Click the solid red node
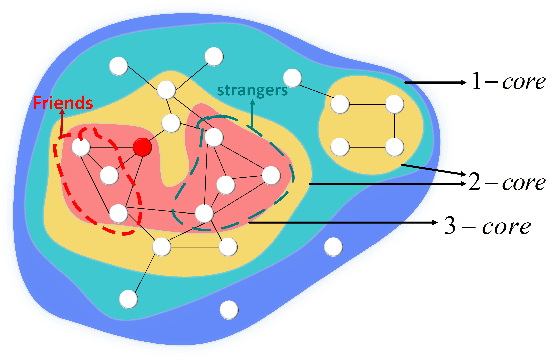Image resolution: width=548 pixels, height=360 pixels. (x=143, y=148)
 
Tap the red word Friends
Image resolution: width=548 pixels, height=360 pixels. (x=62, y=102)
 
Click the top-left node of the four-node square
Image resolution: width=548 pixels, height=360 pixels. (x=340, y=104)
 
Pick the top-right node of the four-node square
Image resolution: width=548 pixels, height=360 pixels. (x=394, y=104)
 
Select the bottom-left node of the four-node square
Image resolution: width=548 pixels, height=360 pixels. (x=340, y=147)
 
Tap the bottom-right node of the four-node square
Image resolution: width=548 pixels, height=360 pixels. (x=394, y=147)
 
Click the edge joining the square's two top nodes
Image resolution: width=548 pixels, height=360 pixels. (x=367, y=104)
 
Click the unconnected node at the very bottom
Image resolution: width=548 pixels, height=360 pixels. (x=228, y=309)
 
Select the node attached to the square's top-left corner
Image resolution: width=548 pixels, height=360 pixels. (x=292, y=77)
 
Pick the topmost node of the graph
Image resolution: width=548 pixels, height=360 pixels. (x=212, y=55)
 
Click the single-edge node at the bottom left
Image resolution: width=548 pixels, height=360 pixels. (x=127, y=298)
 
